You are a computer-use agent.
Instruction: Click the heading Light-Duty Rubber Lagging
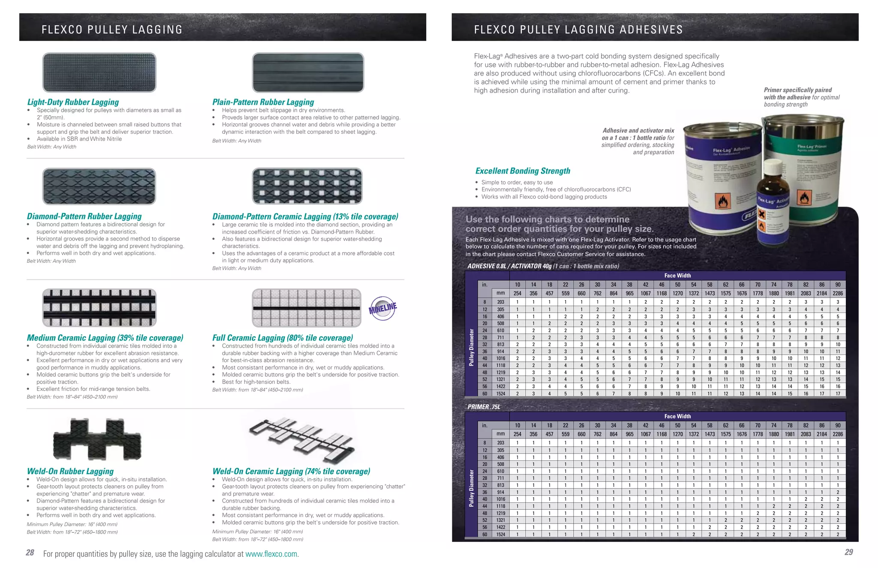pyautogui.click(x=73, y=102)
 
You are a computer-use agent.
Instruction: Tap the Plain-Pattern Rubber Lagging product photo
pyautogui.click(x=308, y=72)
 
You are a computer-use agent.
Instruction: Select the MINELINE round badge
pyautogui.click(x=382, y=308)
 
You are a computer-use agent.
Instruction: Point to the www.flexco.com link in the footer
pyautogui.click(x=271, y=554)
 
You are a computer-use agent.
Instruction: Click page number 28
pyautogui.click(x=30, y=553)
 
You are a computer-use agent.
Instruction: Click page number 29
pyautogui.click(x=848, y=552)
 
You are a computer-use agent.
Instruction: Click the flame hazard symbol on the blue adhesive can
pyautogui.click(x=724, y=201)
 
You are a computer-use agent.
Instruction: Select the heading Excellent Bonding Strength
pyautogui.click(x=523, y=171)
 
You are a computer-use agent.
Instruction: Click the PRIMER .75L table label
pyautogui.click(x=484, y=407)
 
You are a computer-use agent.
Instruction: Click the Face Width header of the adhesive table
pyautogui.click(x=677, y=276)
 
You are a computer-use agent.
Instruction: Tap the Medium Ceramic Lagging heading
pyautogui.click(x=105, y=338)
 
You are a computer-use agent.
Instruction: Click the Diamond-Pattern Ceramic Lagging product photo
pyautogui.click(x=307, y=186)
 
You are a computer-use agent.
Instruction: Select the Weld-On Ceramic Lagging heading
pyautogui.click(x=291, y=471)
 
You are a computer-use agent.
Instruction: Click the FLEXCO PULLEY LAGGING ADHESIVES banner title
pyautogui.click(x=578, y=30)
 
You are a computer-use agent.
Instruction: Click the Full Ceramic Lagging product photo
pyautogui.click(x=307, y=307)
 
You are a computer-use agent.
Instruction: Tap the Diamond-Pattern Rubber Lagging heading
pyautogui.click(x=84, y=216)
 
